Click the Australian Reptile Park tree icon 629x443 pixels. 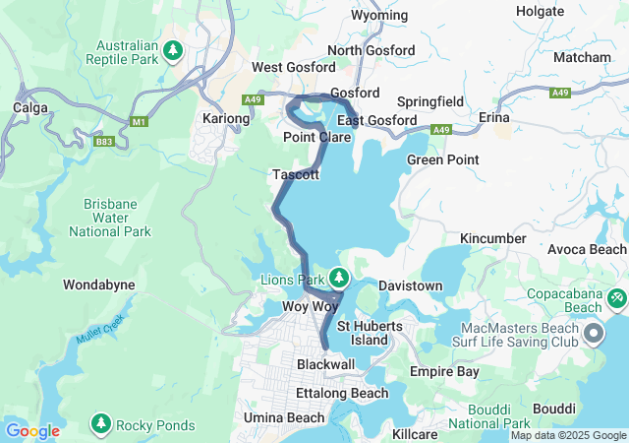pos(174,49)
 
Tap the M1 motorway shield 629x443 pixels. pos(140,120)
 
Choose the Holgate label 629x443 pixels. pos(540,12)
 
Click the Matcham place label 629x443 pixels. pos(582,58)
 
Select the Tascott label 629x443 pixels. pos(295,174)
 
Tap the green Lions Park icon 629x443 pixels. pos(339,278)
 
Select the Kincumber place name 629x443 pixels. pos(494,238)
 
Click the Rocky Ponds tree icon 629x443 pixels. pos(100,424)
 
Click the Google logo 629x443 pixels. pos(32,431)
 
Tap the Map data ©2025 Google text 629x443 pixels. pos(567,435)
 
